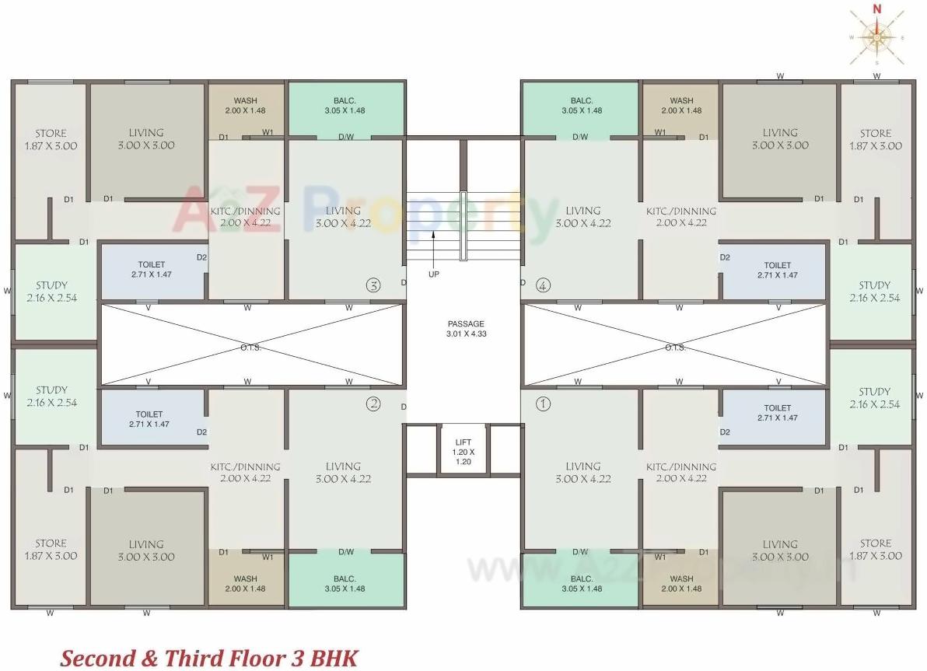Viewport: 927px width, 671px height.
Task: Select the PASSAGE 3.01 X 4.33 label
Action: tap(465, 328)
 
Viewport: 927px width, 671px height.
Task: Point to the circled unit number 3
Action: tap(373, 285)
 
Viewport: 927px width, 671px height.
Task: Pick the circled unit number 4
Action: tap(542, 285)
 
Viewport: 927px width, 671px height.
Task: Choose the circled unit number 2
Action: tap(373, 404)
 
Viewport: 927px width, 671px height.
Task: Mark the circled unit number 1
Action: tap(543, 404)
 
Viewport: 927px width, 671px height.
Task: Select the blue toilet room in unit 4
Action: tap(775, 271)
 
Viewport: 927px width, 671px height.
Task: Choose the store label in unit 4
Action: tap(875, 139)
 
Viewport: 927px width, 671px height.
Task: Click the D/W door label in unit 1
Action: tap(580, 552)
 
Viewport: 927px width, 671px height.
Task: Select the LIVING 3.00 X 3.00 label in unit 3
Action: tap(146, 139)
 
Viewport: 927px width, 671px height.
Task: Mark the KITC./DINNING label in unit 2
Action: tap(246, 472)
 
